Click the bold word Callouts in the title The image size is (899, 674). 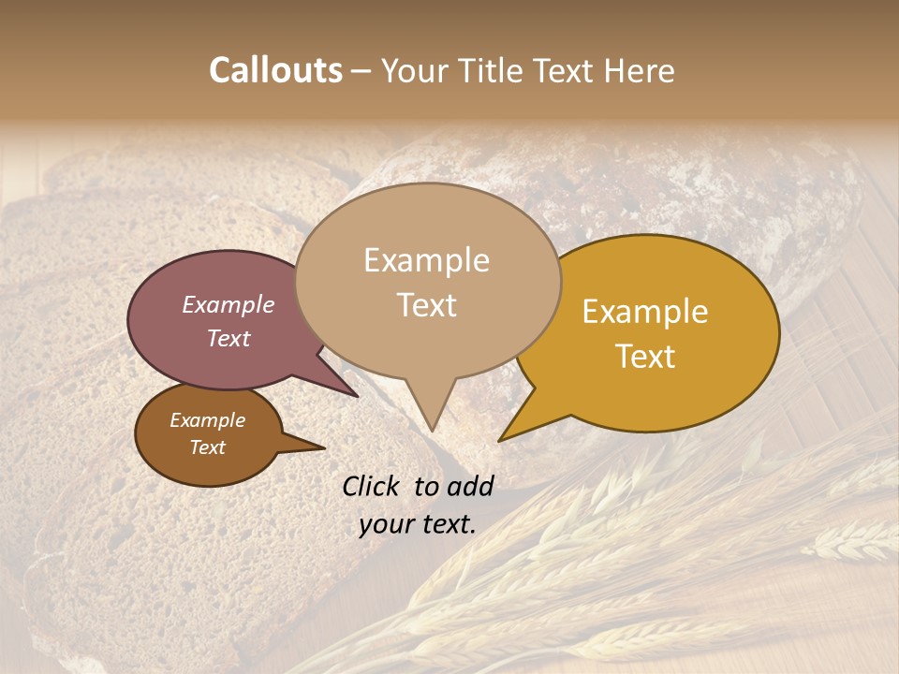coord(275,70)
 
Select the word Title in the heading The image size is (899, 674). coord(494,70)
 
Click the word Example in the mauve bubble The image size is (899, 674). coord(228,305)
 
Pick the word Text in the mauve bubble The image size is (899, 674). coord(228,338)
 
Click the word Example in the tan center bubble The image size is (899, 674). coord(426,260)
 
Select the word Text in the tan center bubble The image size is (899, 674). coord(426,305)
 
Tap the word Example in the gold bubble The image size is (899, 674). coord(645,312)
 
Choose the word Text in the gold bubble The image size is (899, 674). coord(645,356)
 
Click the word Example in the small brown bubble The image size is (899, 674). coord(208,420)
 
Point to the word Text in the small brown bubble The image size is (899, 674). coord(208,447)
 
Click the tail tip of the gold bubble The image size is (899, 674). coord(499,440)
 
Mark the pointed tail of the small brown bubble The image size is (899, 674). coord(324,447)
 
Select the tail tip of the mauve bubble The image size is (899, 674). coord(358,397)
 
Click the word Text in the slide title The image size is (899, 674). coord(564,70)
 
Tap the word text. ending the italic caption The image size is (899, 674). coord(449,524)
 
